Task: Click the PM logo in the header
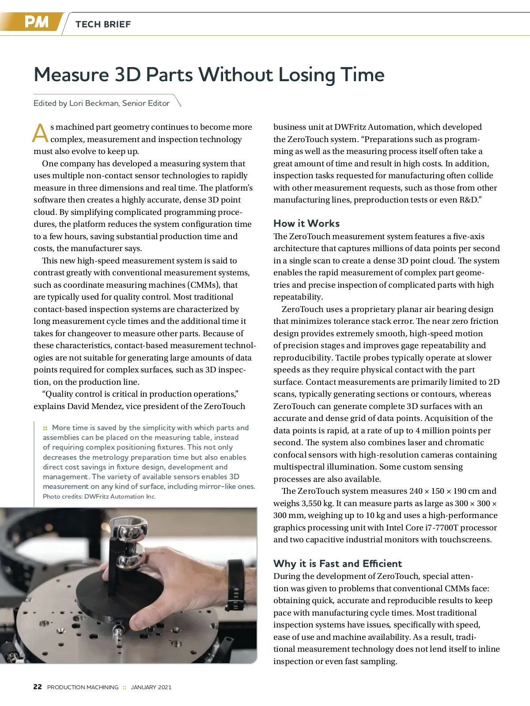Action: pos(36,22)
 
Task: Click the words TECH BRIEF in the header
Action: pos(103,24)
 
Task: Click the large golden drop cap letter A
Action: pos(40,133)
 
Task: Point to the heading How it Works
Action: pos(307,223)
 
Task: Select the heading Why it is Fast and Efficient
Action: pos(337,563)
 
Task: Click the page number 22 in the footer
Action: pos(38,687)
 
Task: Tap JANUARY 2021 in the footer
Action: pos(151,687)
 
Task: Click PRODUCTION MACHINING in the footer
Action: pos(83,687)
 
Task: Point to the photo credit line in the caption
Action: pos(99,496)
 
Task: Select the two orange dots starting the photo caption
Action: pos(45,428)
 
